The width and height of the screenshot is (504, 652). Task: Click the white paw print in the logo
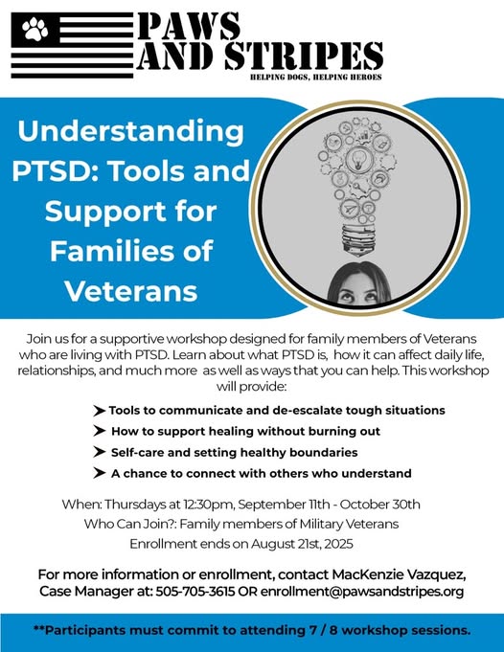34,29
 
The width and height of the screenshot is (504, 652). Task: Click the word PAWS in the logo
189,26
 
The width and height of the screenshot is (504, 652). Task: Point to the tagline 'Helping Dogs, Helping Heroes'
316,77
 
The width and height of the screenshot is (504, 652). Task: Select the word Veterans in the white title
131,291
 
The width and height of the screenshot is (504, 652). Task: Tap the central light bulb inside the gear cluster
358,159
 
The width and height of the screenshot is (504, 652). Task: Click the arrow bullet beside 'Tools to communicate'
99,411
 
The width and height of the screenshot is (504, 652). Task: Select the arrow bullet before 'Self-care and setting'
99,452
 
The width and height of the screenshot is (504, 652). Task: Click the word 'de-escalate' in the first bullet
306,411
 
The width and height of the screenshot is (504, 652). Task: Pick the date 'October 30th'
380,505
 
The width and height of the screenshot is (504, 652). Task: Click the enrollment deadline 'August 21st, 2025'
302,544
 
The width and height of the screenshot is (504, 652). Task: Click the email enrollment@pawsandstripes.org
362,592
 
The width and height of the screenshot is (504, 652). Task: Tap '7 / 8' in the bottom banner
323,630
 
